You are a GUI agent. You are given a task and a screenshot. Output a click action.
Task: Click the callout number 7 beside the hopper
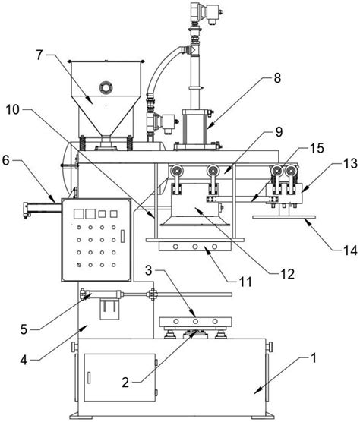tap(39, 55)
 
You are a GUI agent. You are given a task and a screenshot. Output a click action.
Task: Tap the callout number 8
tap(277, 78)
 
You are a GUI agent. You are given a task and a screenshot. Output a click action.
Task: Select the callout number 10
tap(13, 110)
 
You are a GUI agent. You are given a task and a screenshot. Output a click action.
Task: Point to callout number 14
tap(350, 250)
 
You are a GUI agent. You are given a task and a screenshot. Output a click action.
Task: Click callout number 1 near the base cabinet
tap(313, 358)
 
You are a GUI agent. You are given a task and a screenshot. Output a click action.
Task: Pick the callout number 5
tap(24, 329)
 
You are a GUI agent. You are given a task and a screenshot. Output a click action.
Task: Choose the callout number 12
tap(287, 274)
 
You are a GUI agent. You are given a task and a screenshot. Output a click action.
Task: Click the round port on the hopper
tap(106, 87)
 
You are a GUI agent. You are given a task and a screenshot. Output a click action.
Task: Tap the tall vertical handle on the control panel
tap(122, 236)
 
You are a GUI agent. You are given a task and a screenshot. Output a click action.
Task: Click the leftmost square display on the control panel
tap(78, 214)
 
